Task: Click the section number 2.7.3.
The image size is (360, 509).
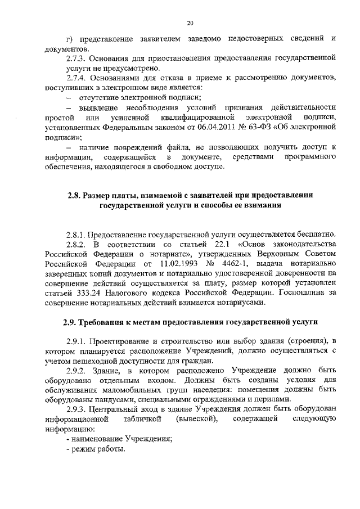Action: [78, 58]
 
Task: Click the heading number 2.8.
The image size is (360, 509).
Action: [74, 195]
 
